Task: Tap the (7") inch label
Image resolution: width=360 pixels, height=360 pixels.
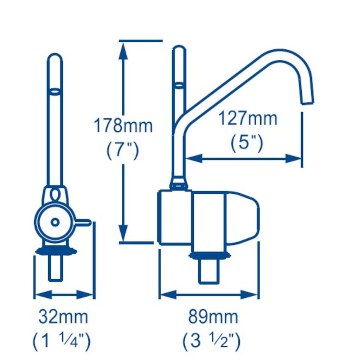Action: click(123, 151)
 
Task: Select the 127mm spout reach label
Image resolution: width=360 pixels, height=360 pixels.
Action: click(248, 118)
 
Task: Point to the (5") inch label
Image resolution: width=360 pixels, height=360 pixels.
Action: click(247, 143)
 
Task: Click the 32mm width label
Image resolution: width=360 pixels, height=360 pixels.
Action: click(63, 317)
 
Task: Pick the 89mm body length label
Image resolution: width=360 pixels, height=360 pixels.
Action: click(213, 317)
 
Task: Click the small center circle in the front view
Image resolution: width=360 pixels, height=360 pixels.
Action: click(55, 222)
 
